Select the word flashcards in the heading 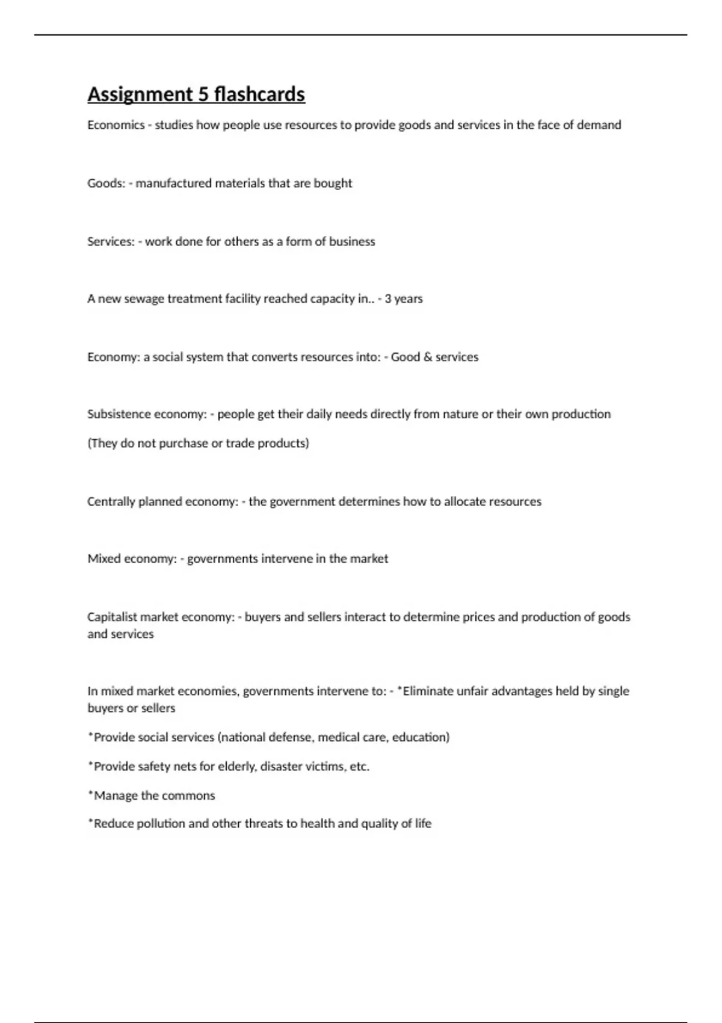pyautogui.click(x=259, y=94)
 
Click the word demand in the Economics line pyautogui.click(x=599, y=125)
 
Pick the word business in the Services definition pyautogui.click(x=352, y=241)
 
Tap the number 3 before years pyautogui.click(x=388, y=299)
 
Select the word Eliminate pyautogui.click(x=428, y=691)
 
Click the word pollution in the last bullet pyautogui.click(x=161, y=823)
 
